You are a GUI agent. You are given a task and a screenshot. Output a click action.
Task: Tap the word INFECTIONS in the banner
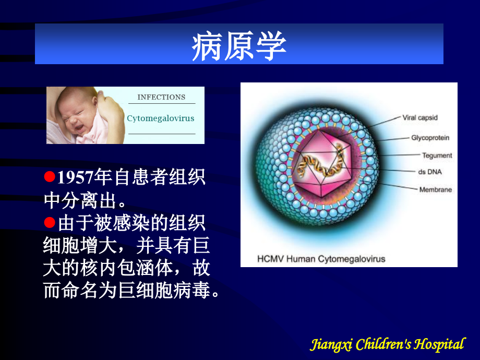[x=161, y=97]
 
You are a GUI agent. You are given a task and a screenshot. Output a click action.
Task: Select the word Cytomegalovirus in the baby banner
[x=160, y=118]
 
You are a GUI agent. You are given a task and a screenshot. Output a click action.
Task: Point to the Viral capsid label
[x=420, y=118]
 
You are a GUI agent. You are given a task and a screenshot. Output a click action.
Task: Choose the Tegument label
[x=437, y=155]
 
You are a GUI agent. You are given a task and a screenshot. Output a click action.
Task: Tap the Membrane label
[x=435, y=189]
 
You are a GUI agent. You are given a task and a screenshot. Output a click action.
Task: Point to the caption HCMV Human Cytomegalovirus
[x=321, y=259]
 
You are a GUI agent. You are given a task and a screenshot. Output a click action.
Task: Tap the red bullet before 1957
[x=50, y=177]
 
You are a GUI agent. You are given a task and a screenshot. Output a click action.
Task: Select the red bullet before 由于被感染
[x=50, y=223]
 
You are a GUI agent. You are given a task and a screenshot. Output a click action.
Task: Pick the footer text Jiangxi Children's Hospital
[x=387, y=344]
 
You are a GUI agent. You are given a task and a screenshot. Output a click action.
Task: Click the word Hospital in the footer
[x=441, y=344]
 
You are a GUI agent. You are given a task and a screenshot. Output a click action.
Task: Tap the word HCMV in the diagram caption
[x=270, y=259]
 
